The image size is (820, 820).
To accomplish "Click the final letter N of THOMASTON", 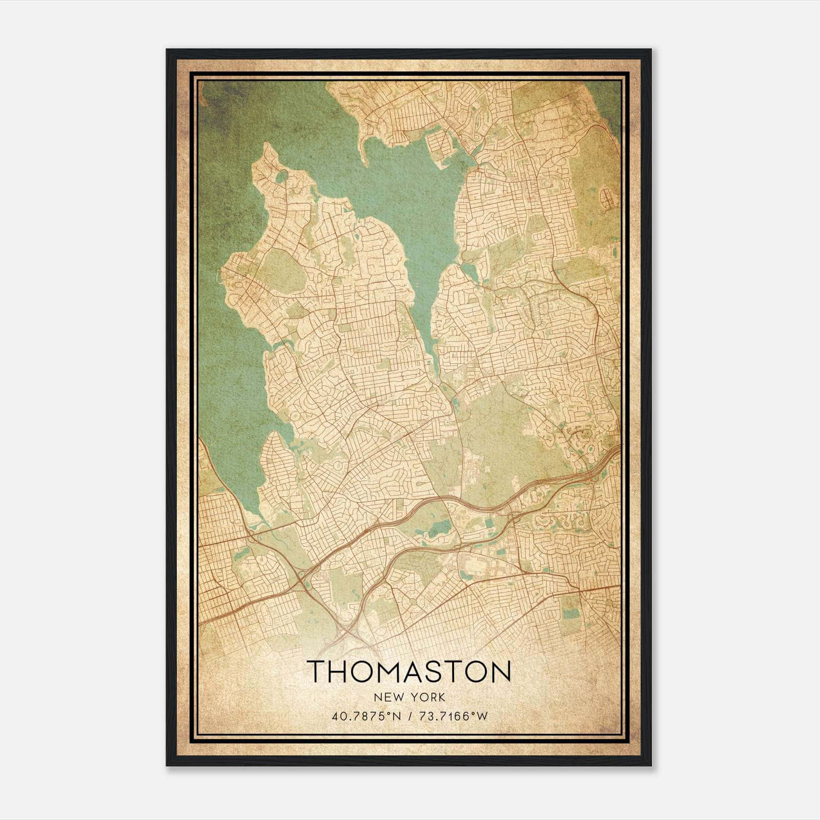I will click(x=501, y=671).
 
